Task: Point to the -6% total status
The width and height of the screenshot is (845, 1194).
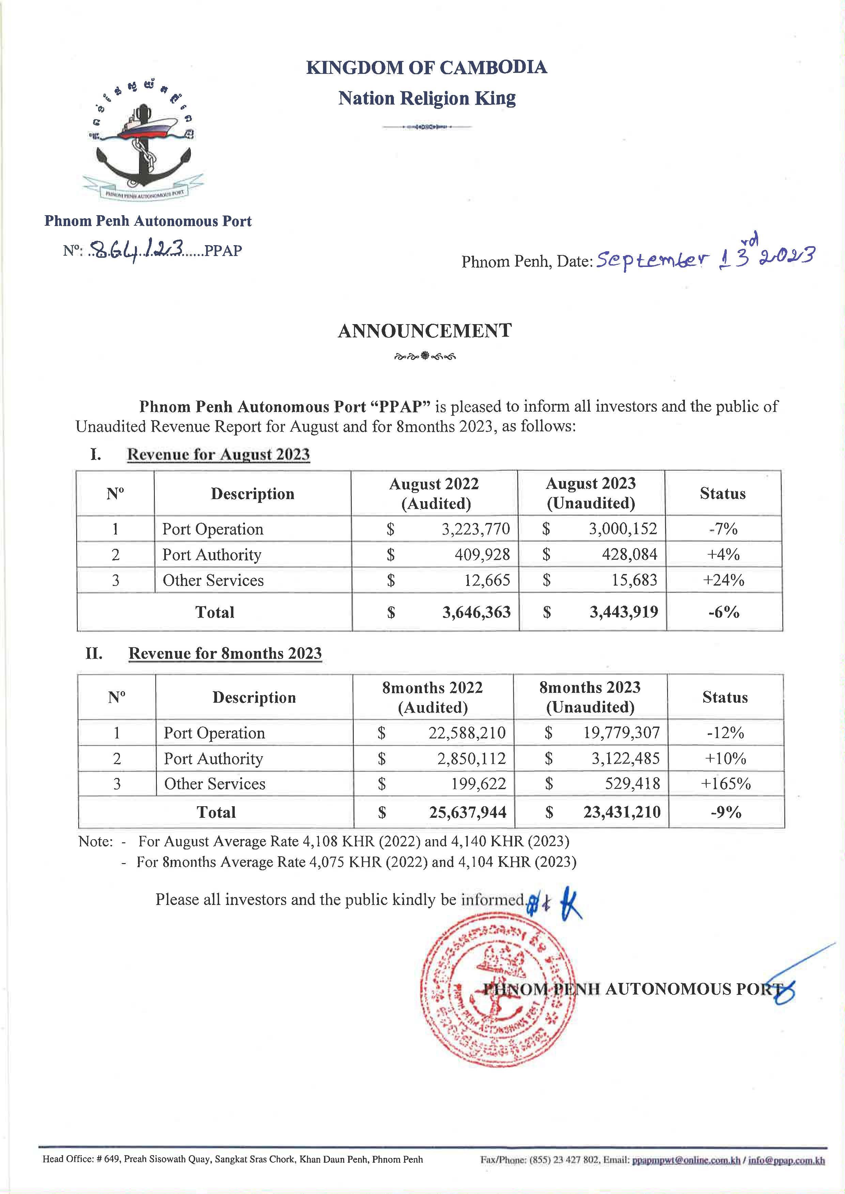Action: tap(723, 612)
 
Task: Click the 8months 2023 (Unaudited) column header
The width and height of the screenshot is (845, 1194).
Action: tap(590, 697)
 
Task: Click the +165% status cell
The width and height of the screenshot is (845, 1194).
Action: tap(725, 784)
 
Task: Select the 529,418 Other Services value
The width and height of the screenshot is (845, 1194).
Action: tap(632, 784)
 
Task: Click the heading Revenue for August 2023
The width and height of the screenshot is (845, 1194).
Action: tap(218, 455)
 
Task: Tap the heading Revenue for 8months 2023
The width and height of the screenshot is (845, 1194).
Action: tap(225, 654)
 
